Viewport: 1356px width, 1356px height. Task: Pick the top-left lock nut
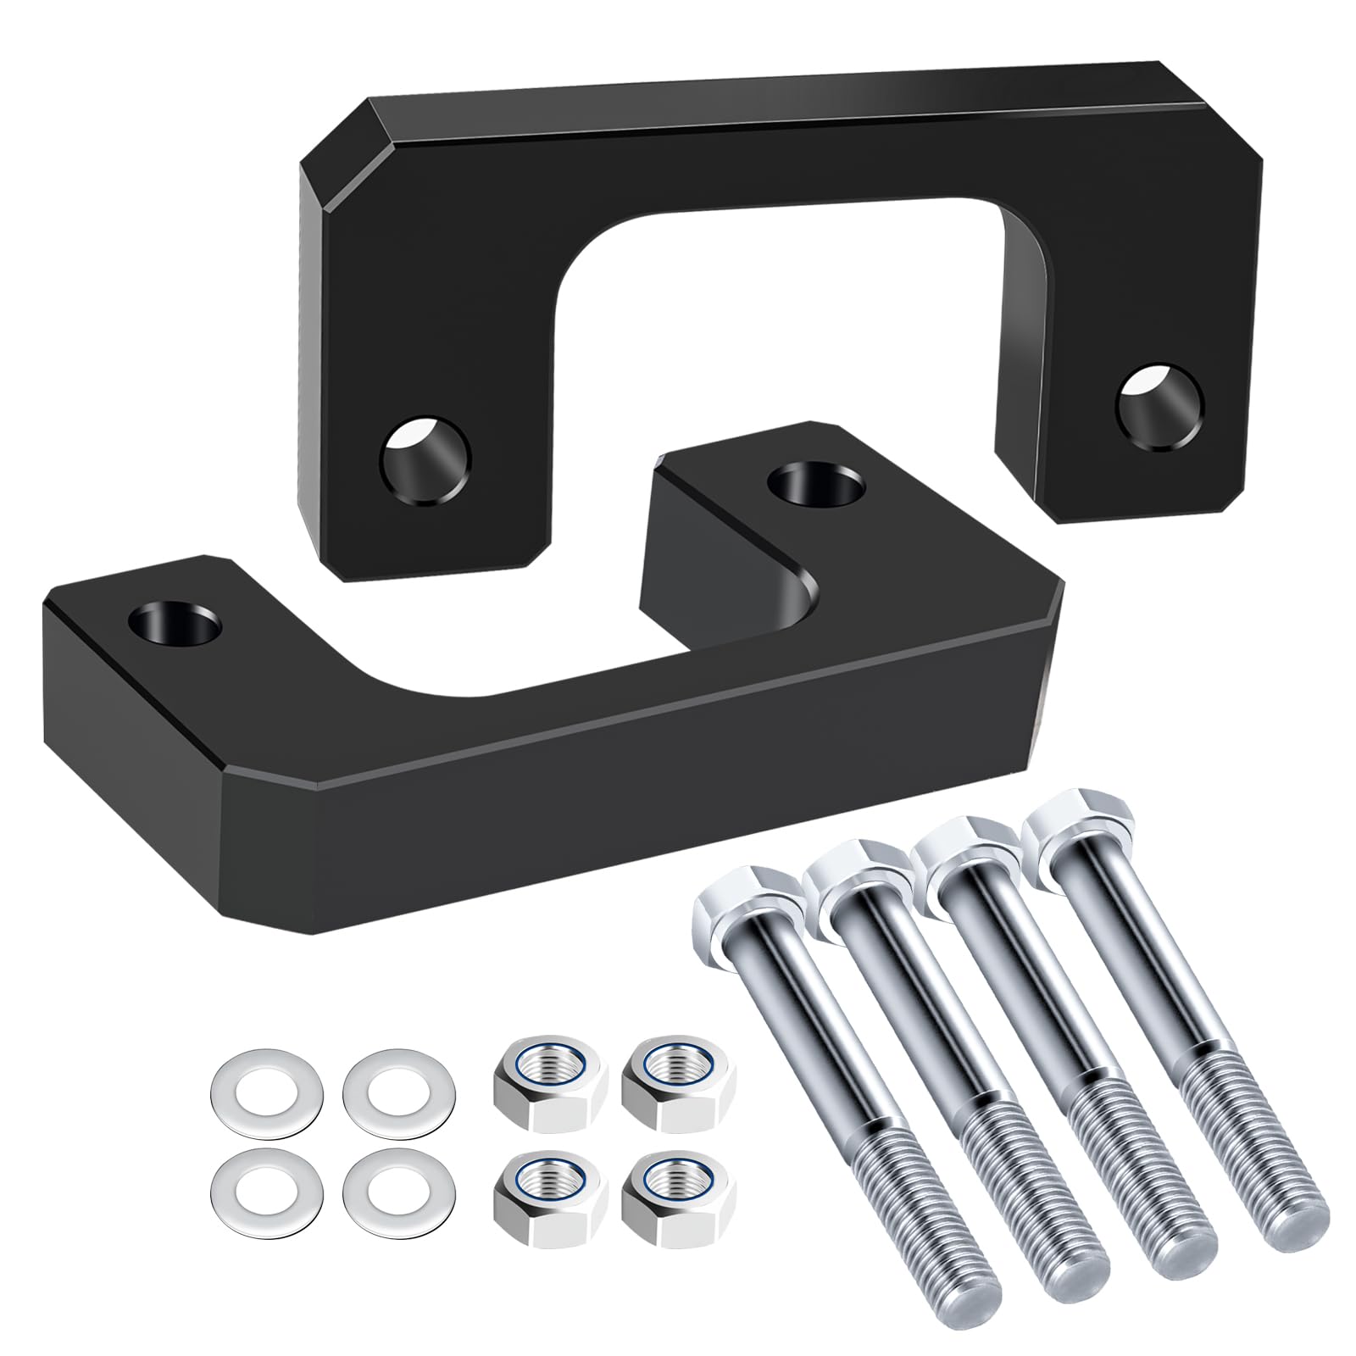pos(550,1090)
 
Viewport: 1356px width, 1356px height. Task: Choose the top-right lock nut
pos(678,1090)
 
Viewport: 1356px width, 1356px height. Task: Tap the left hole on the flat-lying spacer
pos(175,625)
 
